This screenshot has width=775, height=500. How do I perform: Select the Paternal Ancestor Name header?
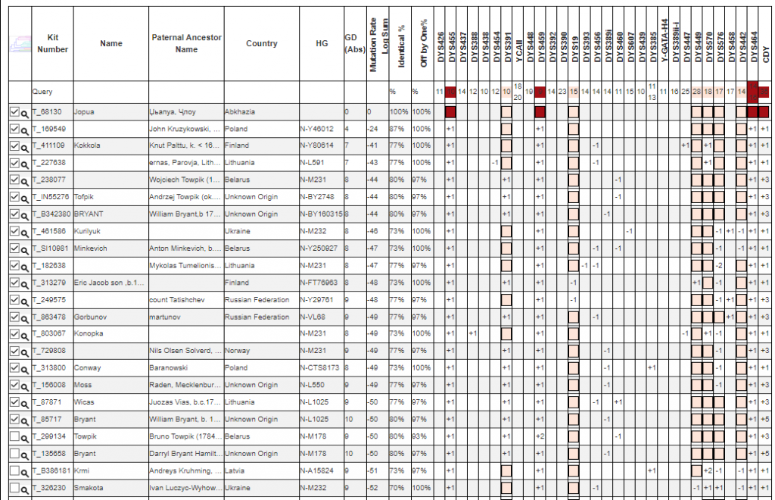tap(186, 43)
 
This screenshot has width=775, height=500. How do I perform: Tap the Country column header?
tap(261, 43)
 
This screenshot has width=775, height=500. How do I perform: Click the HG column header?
tap(322, 43)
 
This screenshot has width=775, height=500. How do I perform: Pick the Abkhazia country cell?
tap(242, 111)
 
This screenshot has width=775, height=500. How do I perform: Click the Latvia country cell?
tap(236, 470)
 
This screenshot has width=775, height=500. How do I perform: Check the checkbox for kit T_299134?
tap(14, 436)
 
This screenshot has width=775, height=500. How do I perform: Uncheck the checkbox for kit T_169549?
tap(14, 129)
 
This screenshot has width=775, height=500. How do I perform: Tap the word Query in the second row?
tap(42, 92)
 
